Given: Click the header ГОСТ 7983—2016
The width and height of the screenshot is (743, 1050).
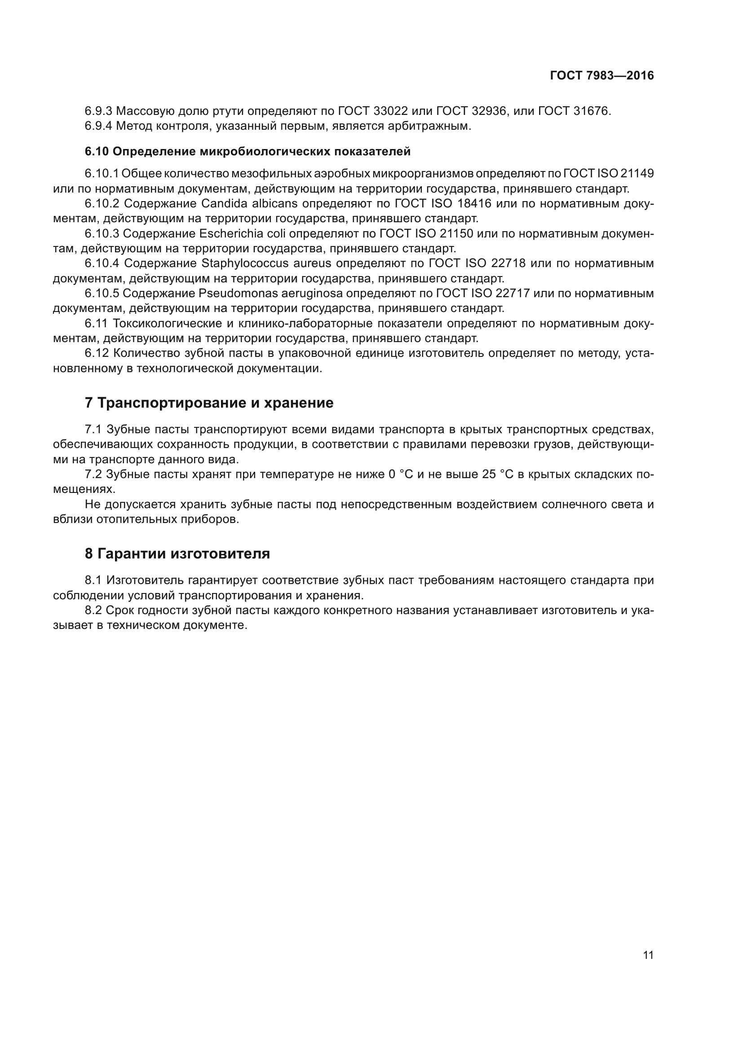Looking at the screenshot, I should (601, 76).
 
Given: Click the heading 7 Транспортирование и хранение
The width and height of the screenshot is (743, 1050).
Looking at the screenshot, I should (209, 403).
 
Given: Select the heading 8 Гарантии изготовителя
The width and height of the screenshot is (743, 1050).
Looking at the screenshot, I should (177, 554).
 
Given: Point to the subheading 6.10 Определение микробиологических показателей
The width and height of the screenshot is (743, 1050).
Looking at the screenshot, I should (248, 151).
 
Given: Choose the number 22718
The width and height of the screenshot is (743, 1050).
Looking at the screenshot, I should (509, 264).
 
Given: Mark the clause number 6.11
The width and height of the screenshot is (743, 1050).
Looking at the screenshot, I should (96, 324).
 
